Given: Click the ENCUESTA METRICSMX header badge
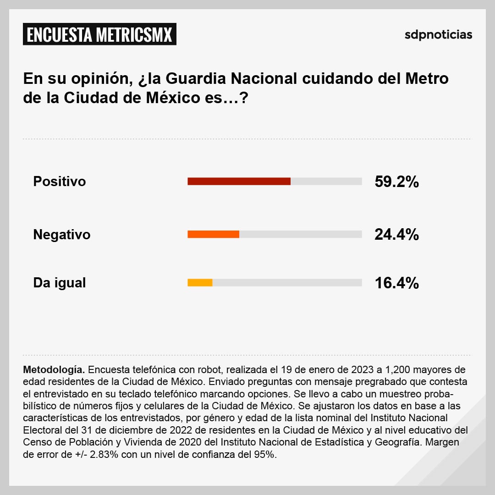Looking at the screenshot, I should click(x=99, y=35).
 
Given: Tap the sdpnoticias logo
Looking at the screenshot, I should click(x=438, y=35).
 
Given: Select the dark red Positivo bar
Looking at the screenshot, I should click(x=239, y=181).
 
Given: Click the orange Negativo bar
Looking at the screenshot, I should click(x=213, y=234).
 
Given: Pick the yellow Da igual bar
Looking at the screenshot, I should click(x=200, y=283).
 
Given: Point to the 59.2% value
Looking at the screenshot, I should click(x=396, y=182).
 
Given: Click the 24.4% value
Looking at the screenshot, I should click(x=396, y=235).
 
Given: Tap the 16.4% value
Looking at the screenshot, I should click(x=396, y=283).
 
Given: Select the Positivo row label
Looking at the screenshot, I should click(x=60, y=181).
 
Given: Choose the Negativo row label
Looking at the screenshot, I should click(x=62, y=235).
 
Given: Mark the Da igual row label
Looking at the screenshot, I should click(x=60, y=283).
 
